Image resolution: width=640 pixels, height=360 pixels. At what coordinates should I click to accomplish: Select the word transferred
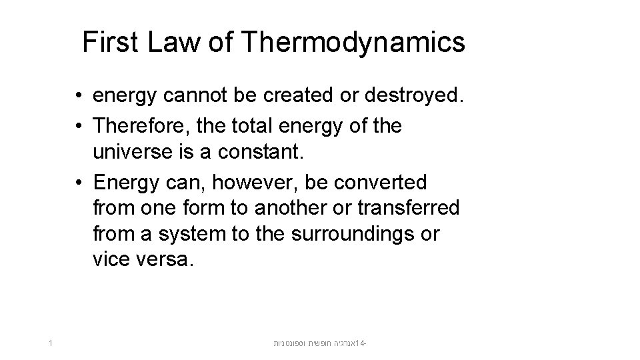(407, 208)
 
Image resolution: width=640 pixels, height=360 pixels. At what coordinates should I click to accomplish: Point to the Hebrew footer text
(321, 344)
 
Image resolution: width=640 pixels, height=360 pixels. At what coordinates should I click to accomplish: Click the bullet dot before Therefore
(79, 126)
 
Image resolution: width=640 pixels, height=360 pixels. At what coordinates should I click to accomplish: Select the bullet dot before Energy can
(79, 182)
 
